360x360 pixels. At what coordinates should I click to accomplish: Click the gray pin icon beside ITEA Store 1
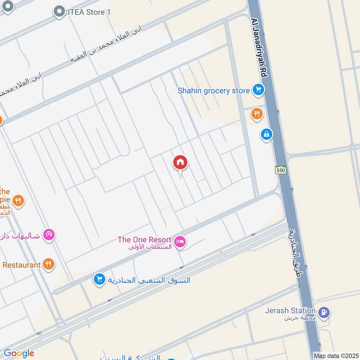pyautogui.click(x=59, y=12)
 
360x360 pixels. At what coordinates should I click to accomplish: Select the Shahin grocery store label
pyautogui.click(x=213, y=91)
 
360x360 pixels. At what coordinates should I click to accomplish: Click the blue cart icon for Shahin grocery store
pyautogui.click(x=258, y=91)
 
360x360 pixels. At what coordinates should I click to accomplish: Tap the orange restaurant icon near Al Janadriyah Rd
pyautogui.click(x=256, y=114)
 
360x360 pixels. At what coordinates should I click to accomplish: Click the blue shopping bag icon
pyautogui.click(x=267, y=134)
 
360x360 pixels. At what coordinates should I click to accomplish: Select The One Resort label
pyautogui.click(x=144, y=240)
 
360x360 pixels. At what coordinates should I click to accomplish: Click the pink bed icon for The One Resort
pyautogui.click(x=180, y=242)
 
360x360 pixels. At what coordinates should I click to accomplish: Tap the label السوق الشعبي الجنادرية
pyautogui.click(x=148, y=280)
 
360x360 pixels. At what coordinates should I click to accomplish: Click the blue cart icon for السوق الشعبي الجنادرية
pyautogui.click(x=99, y=280)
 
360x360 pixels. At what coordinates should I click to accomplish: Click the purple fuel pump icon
pyautogui.click(x=324, y=312)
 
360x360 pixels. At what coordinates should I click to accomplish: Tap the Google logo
pyautogui.click(x=19, y=353)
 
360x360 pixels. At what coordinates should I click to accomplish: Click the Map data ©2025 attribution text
pyautogui.click(x=336, y=355)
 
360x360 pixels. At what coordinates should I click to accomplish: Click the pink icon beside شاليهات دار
pyautogui.click(x=49, y=234)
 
